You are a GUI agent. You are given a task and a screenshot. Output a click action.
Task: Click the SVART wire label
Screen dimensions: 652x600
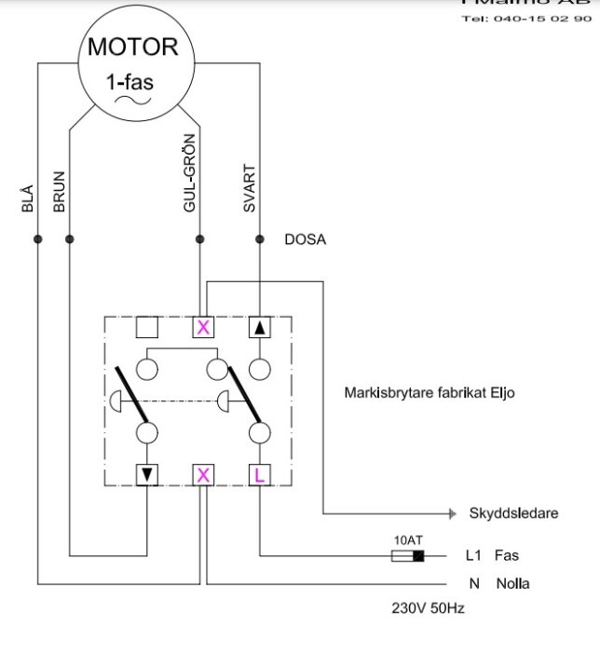pyautogui.click(x=249, y=189)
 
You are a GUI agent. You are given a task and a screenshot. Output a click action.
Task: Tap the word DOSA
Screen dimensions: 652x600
pyautogui.click(x=306, y=239)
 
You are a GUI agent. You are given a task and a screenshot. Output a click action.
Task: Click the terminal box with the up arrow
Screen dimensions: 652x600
pyautogui.click(x=260, y=327)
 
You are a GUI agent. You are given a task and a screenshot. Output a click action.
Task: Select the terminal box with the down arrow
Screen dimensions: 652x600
pyautogui.click(x=148, y=475)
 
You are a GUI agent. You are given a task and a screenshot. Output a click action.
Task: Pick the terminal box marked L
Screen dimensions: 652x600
pyautogui.click(x=260, y=475)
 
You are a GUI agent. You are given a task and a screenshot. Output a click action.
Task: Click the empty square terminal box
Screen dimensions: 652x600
pyautogui.click(x=148, y=327)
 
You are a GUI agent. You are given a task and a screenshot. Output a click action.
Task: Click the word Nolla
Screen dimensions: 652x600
pyautogui.click(x=512, y=584)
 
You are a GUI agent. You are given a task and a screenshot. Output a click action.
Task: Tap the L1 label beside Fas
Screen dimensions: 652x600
pyautogui.click(x=472, y=556)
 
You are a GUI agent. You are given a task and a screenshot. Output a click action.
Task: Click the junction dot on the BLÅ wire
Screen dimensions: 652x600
pyautogui.click(x=38, y=239)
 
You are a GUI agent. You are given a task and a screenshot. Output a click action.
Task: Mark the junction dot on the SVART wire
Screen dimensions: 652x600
pyautogui.click(x=257, y=239)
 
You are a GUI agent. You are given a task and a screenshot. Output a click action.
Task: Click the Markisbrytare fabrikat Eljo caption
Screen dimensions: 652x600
pyautogui.click(x=430, y=393)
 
